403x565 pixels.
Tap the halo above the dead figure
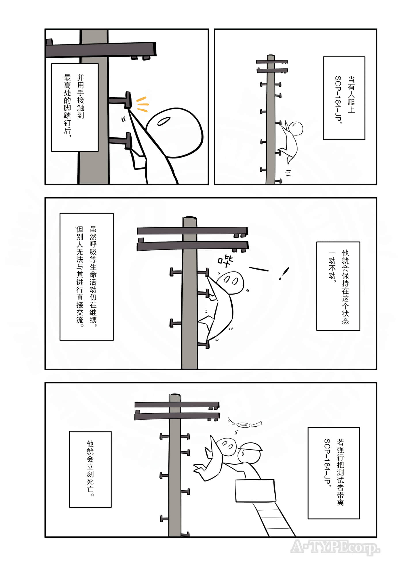coord(243,425)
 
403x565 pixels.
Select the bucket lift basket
coord(255,491)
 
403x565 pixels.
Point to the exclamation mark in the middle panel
coord(284,273)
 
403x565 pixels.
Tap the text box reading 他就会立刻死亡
coord(90,469)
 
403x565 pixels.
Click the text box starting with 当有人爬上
coord(344,98)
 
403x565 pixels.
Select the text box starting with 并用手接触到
coord(75,107)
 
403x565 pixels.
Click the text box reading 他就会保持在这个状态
coord(338,286)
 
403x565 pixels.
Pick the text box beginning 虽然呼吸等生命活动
coord(86,276)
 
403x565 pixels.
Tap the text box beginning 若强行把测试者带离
coord(334,473)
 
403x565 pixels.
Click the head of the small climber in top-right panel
coord(296,128)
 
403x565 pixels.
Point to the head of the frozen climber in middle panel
coord(230,282)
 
